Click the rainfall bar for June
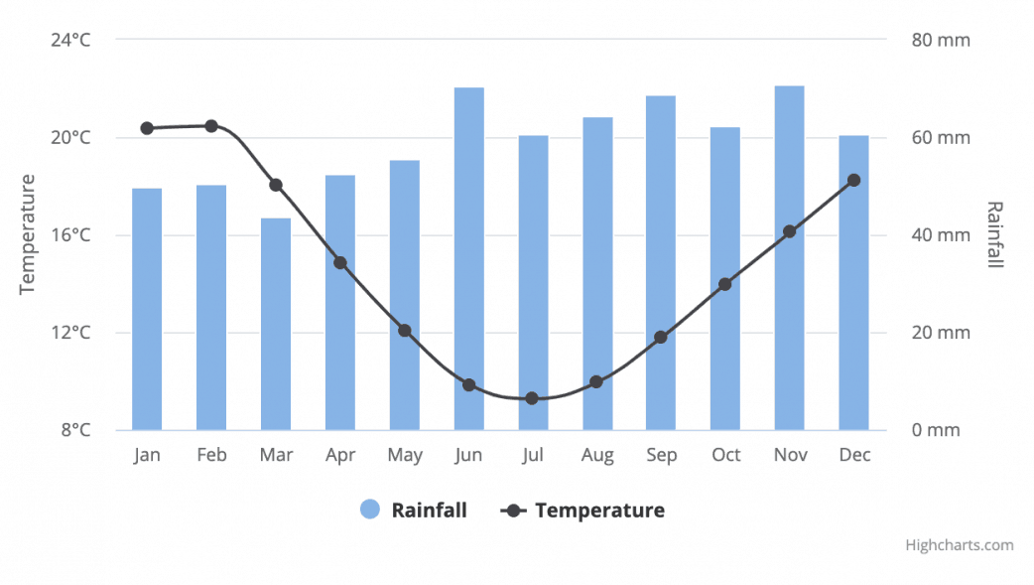(x=468, y=258)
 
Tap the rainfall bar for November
(x=789, y=257)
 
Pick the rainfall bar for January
(x=147, y=309)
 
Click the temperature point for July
(x=532, y=398)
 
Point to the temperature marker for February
(x=211, y=126)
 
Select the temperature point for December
(x=853, y=180)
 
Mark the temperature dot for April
(x=340, y=263)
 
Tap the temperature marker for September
(x=661, y=338)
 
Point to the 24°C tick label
(x=70, y=41)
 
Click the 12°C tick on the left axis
(x=70, y=333)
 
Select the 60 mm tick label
(x=941, y=138)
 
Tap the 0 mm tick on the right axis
(x=937, y=430)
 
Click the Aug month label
(x=596, y=455)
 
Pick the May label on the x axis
(x=404, y=455)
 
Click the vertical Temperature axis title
(x=27, y=234)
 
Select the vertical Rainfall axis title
(x=995, y=234)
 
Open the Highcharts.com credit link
(x=959, y=544)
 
